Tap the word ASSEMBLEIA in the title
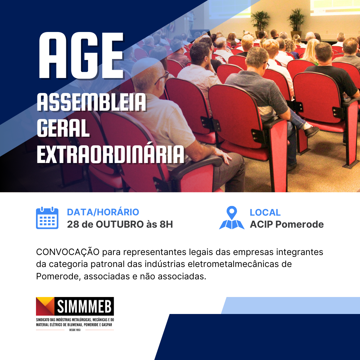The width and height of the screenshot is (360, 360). (x=92, y=102)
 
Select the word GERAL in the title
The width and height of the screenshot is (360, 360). (x=63, y=128)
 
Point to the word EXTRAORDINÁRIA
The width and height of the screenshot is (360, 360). (x=110, y=154)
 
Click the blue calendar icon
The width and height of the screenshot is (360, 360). (x=47, y=218)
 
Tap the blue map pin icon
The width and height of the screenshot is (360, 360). (x=232, y=218)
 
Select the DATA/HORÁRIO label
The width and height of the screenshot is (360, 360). (x=103, y=212)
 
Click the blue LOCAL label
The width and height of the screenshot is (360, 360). (x=265, y=212)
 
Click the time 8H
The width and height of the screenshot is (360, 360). (x=166, y=224)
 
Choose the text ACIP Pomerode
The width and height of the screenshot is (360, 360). (x=287, y=224)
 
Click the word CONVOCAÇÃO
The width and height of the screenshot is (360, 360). (x=68, y=252)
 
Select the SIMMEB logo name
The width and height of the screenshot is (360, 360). (x=84, y=306)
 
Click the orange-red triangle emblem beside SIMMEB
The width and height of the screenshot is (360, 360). (x=45, y=306)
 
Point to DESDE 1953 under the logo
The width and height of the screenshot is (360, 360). (x=75, y=330)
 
